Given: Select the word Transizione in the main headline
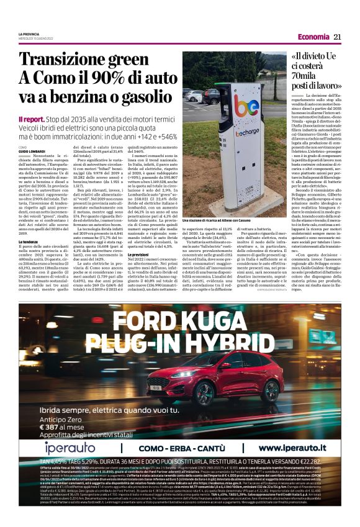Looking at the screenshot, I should pyautogui.click(x=62, y=60).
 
